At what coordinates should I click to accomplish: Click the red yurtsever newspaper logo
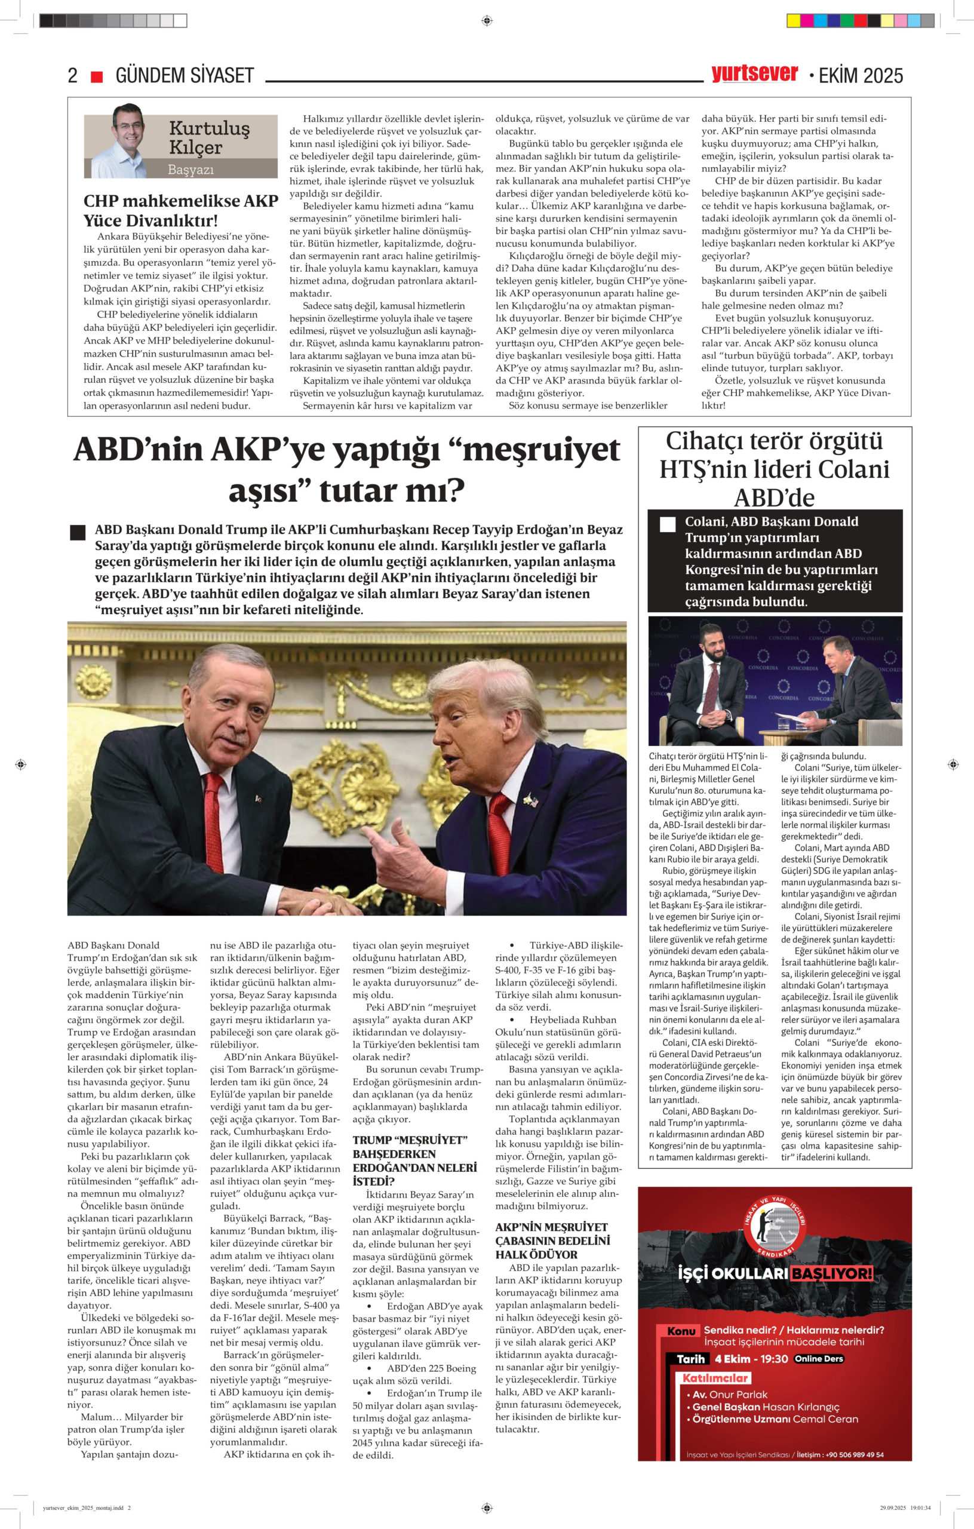(754, 73)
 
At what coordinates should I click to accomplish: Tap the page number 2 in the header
(72, 76)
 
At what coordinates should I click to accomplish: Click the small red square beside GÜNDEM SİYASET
(97, 77)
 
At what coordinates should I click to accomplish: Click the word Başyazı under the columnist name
(191, 170)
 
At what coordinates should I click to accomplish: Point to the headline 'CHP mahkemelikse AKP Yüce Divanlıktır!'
(181, 211)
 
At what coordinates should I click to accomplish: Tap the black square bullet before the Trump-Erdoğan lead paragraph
(78, 532)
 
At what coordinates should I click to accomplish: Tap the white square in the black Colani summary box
(667, 524)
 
